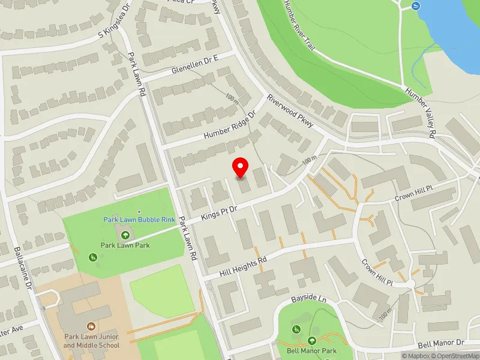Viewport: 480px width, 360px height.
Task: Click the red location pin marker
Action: tap(241, 167)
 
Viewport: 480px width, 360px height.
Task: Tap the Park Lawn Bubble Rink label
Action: tap(139, 220)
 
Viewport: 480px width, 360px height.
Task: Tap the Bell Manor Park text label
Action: tap(311, 351)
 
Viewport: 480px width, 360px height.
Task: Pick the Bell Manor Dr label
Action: tap(442, 343)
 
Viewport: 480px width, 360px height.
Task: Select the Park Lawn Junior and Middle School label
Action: tap(91, 341)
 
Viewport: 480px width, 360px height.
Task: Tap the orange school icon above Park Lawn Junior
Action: tap(91, 326)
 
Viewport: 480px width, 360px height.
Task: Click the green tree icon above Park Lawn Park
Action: tap(125, 235)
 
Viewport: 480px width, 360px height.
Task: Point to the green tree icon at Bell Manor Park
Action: tap(311, 340)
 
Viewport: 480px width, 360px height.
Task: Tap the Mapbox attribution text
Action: tap(415, 356)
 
